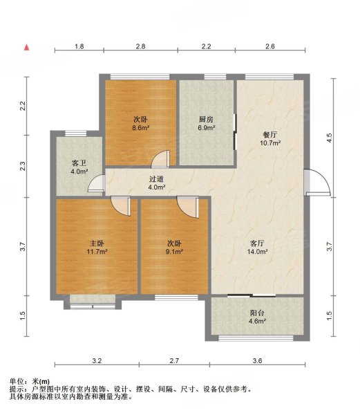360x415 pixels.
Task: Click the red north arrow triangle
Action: pyautogui.click(x=26, y=47)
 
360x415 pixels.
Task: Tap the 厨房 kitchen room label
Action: pyautogui.click(x=206, y=120)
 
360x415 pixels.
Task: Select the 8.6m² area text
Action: pyautogui.click(x=141, y=128)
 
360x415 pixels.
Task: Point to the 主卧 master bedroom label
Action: pyautogui.click(x=97, y=243)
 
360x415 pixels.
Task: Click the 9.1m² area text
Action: pyautogui.click(x=174, y=252)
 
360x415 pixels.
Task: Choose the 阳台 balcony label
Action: pyautogui.click(x=257, y=313)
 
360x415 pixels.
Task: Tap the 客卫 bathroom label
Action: pyautogui.click(x=79, y=163)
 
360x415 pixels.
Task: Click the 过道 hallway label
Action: pyautogui.click(x=156, y=179)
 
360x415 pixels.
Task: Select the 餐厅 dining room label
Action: pyautogui.click(x=270, y=135)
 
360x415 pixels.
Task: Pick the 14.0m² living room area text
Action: pyautogui.click(x=258, y=252)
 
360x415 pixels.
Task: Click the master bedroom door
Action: pyautogui.click(x=120, y=205)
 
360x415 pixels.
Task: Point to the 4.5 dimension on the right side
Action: pyautogui.click(x=329, y=138)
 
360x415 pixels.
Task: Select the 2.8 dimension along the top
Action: pyautogui.click(x=141, y=46)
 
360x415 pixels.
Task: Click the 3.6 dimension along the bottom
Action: pyautogui.click(x=257, y=361)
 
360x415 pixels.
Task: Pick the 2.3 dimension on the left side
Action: pyautogui.click(x=23, y=166)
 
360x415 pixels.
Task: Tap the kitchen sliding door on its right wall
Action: pyautogui.click(x=235, y=132)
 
